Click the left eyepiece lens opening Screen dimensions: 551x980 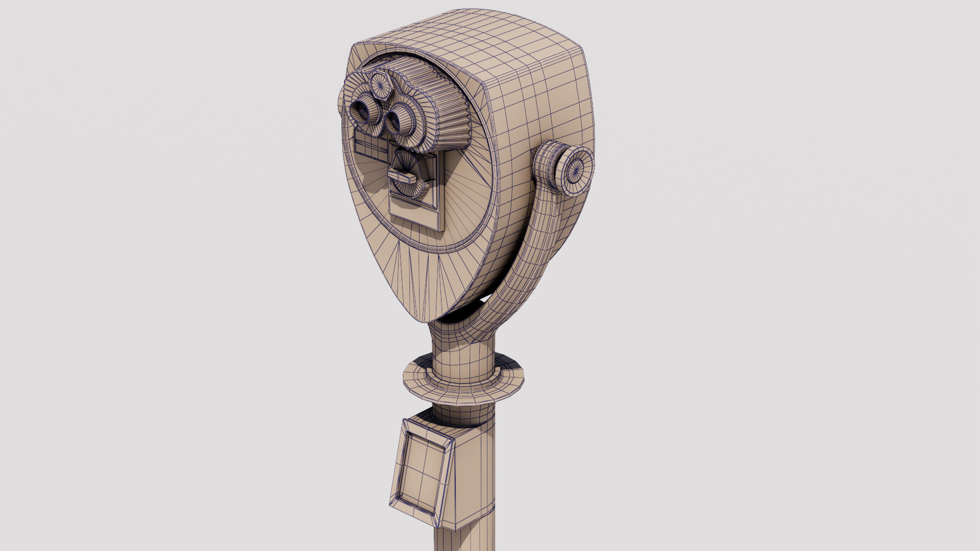(363, 113)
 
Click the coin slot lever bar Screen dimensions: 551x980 (403, 177)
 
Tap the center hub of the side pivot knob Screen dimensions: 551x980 (576, 167)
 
